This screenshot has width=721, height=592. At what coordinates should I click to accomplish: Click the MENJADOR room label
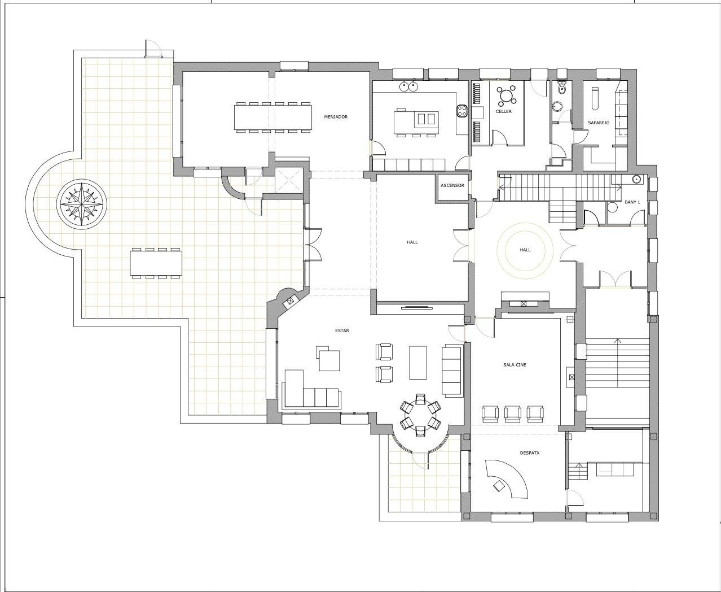coord(336,117)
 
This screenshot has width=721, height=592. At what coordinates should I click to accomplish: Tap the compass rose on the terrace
coord(82,204)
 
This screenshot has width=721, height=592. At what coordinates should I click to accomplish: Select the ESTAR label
coord(342,330)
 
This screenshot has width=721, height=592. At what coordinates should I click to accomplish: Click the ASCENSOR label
coord(452,185)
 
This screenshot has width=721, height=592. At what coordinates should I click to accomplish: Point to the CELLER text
coord(504,111)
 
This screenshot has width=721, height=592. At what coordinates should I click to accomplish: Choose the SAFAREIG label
coord(599,122)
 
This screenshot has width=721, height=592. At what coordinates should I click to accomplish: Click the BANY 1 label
coord(632,202)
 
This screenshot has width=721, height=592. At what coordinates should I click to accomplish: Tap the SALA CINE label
coord(515,365)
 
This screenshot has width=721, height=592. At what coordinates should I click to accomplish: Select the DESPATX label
coord(530,452)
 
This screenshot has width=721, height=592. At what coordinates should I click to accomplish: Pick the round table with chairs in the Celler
coord(506,96)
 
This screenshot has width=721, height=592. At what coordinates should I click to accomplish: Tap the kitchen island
coord(416,122)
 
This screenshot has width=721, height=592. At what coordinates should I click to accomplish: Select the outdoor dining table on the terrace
coord(156,263)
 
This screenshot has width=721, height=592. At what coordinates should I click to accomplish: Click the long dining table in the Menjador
coord(273,117)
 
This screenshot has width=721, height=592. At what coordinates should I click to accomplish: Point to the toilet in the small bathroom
coord(561,88)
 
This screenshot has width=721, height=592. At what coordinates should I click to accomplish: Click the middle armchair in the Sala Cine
coord(513,413)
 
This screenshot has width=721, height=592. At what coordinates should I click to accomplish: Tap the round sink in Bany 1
coord(636,179)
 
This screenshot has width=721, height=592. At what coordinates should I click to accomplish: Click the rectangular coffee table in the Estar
coord(418,362)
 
